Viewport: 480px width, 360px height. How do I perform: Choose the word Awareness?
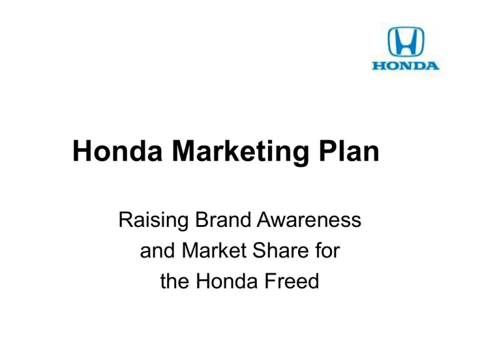313,221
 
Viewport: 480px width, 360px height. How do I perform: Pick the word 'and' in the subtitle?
156,251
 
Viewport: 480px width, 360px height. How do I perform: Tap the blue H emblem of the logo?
406,42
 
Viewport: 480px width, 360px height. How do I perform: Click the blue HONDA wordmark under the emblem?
406,65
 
